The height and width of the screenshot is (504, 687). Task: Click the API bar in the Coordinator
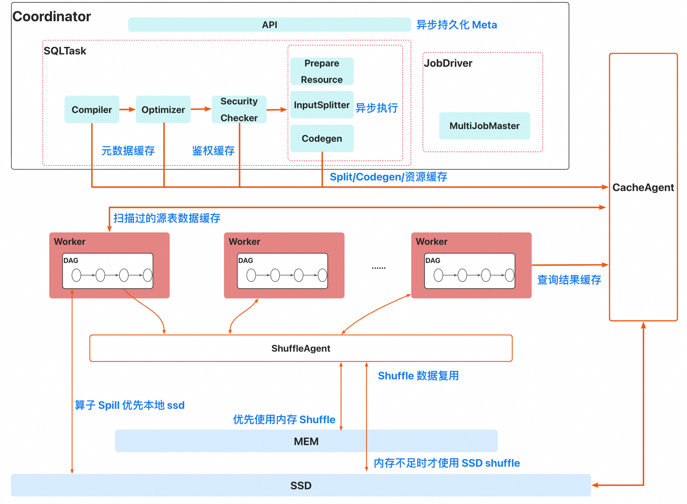[x=270, y=25]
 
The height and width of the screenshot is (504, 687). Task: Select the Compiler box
[x=92, y=110]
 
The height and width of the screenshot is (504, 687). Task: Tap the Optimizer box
[x=163, y=110]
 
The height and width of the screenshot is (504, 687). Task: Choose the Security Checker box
[x=239, y=110]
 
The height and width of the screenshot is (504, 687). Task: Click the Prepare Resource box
[x=322, y=71]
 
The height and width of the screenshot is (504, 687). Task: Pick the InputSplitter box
[x=322, y=105]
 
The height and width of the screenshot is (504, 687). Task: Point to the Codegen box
[x=322, y=138]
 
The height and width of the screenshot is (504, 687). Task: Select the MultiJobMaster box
[x=484, y=126]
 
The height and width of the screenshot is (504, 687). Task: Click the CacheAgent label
[x=643, y=187]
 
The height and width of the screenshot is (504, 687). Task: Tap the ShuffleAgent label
[x=301, y=348]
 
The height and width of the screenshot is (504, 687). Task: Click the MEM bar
[x=306, y=441]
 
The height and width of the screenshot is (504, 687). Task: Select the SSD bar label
[x=301, y=486]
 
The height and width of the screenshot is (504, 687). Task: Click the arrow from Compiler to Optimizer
[x=127, y=110]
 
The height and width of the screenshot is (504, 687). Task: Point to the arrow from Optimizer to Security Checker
[x=201, y=109]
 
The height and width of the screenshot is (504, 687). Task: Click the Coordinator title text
[x=52, y=16]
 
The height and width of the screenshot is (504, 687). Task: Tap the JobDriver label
[x=448, y=63]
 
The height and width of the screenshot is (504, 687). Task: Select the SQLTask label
[x=65, y=51]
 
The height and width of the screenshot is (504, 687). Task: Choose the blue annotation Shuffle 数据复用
[x=418, y=376]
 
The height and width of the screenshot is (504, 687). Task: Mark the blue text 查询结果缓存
[x=569, y=280]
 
